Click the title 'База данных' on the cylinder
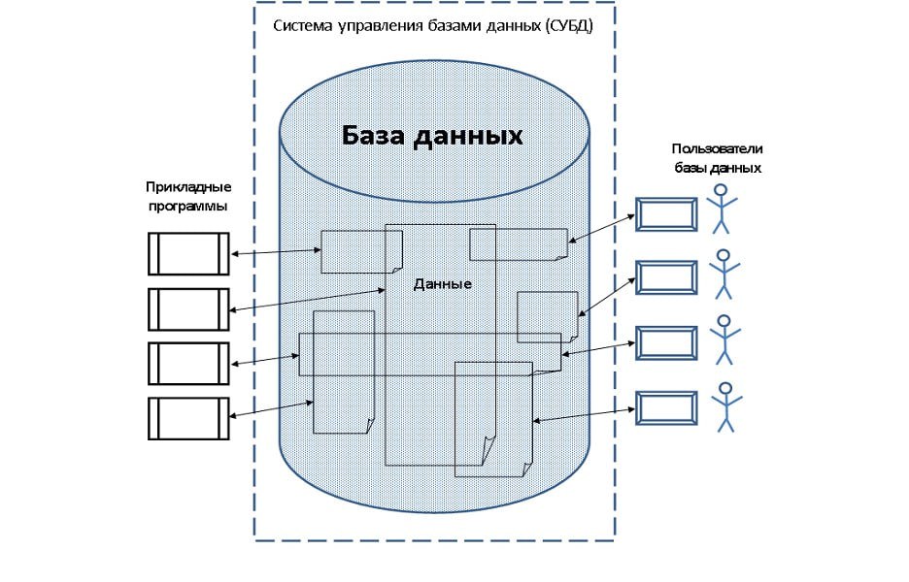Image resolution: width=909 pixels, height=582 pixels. [x=432, y=136]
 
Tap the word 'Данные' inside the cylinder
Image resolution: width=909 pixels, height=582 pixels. [x=442, y=284]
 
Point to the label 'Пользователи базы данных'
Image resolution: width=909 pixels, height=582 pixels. [x=717, y=157]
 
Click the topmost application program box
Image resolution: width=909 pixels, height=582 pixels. [x=188, y=254]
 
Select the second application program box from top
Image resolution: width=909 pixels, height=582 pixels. [x=188, y=308]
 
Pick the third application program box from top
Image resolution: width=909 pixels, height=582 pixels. [x=188, y=363]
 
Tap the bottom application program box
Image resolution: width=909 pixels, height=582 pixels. [x=188, y=417]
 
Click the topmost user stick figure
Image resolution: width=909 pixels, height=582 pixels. [x=722, y=210]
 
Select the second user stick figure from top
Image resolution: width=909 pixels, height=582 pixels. [x=724, y=275]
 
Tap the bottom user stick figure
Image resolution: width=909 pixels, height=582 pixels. [x=724, y=406]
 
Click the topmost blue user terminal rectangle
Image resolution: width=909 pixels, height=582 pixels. [x=666, y=214]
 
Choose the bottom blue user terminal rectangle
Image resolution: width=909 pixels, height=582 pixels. [x=666, y=407]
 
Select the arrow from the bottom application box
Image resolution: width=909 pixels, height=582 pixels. [x=272, y=408]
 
